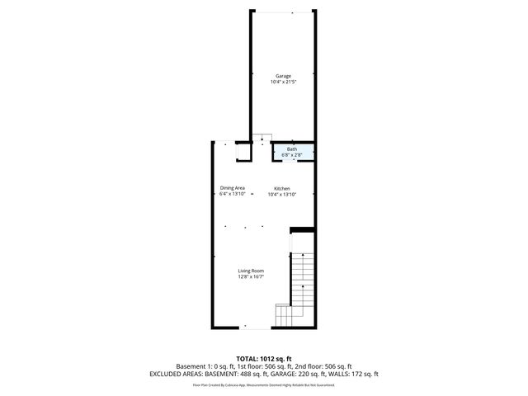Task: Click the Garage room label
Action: tap(283, 76)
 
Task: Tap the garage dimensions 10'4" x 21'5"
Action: tap(283, 82)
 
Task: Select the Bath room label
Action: tap(292, 148)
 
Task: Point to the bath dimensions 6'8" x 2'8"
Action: tap(292, 154)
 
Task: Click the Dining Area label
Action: tap(232, 188)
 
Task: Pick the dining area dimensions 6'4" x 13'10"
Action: tap(232, 195)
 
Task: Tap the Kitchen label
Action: tap(282, 188)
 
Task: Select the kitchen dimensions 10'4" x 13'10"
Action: tap(282, 195)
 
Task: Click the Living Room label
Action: tap(251, 271)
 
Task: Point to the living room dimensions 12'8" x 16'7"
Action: tap(251, 277)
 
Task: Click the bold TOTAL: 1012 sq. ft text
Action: tap(264, 359)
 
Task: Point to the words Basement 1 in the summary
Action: tap(192, 366)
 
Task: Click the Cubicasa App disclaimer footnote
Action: tap(264, 384)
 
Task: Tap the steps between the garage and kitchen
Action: tap(262, 138)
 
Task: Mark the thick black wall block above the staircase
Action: tap(303, 229)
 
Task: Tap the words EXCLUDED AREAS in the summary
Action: tap(176, 374)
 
